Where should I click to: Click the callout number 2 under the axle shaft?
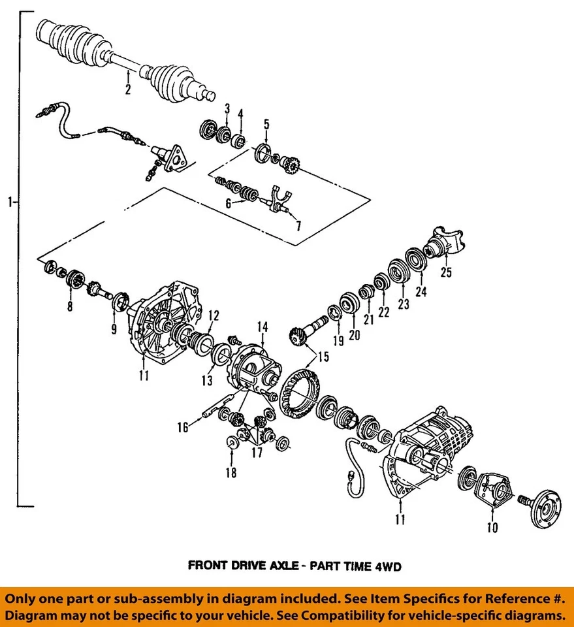click(x=128, y=89)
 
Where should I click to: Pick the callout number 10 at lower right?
click(x=492, y=527)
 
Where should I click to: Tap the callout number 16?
click(x=182, y=427)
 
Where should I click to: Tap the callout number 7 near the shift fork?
click(x=298, y=225)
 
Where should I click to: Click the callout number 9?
click(x=114, y=330)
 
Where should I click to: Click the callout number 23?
click(x=403, y=303)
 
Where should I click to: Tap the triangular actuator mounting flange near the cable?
click(x=177, y=155)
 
